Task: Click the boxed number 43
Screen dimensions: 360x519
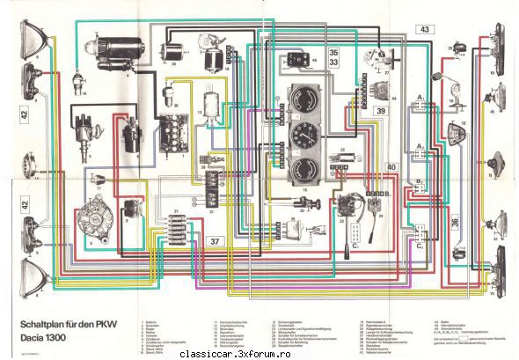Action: click(x=424, y=30)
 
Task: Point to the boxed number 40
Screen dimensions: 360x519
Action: click(x=391, y=166)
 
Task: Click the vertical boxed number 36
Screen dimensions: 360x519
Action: click(x=455, y=224)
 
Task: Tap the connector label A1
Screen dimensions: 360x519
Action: click(x=421, y=94)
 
